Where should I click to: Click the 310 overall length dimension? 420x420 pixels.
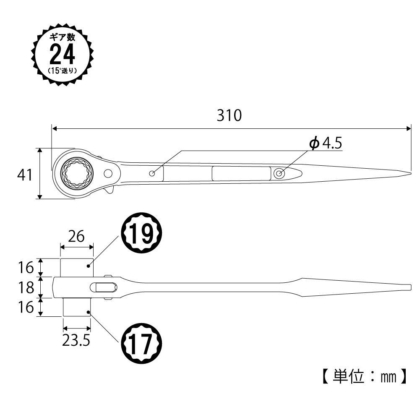tap(229, 115)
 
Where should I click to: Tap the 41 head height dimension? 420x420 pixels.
tap(25, 175)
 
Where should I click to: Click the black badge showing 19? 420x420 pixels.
tap(142, 233)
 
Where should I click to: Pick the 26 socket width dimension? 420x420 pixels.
tap(76, 236)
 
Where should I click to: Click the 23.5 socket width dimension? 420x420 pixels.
tap(76, 340)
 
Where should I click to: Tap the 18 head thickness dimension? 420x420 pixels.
tap(26, 288)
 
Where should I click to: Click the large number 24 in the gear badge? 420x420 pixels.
tap(63, 55)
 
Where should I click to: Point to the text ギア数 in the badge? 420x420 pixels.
tap(63, 37)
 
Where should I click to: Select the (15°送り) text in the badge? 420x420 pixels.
tap(63, 71)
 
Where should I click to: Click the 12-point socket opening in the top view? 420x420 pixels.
tap(77, 174)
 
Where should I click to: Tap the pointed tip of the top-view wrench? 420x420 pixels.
tap(411, 173)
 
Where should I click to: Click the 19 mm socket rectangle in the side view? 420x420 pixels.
tap(77, 268)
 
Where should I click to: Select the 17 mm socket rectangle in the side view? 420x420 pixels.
tap(77, 307)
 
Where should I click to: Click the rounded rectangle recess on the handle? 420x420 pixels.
tap(241, 174)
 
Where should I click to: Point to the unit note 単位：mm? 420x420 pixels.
tap(365, 377)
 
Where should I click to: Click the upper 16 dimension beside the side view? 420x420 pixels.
tap(26, 268)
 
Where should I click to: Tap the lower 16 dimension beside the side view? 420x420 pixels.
tap(26, 307)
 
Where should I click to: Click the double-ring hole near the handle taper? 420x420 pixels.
tap(279, 174)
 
